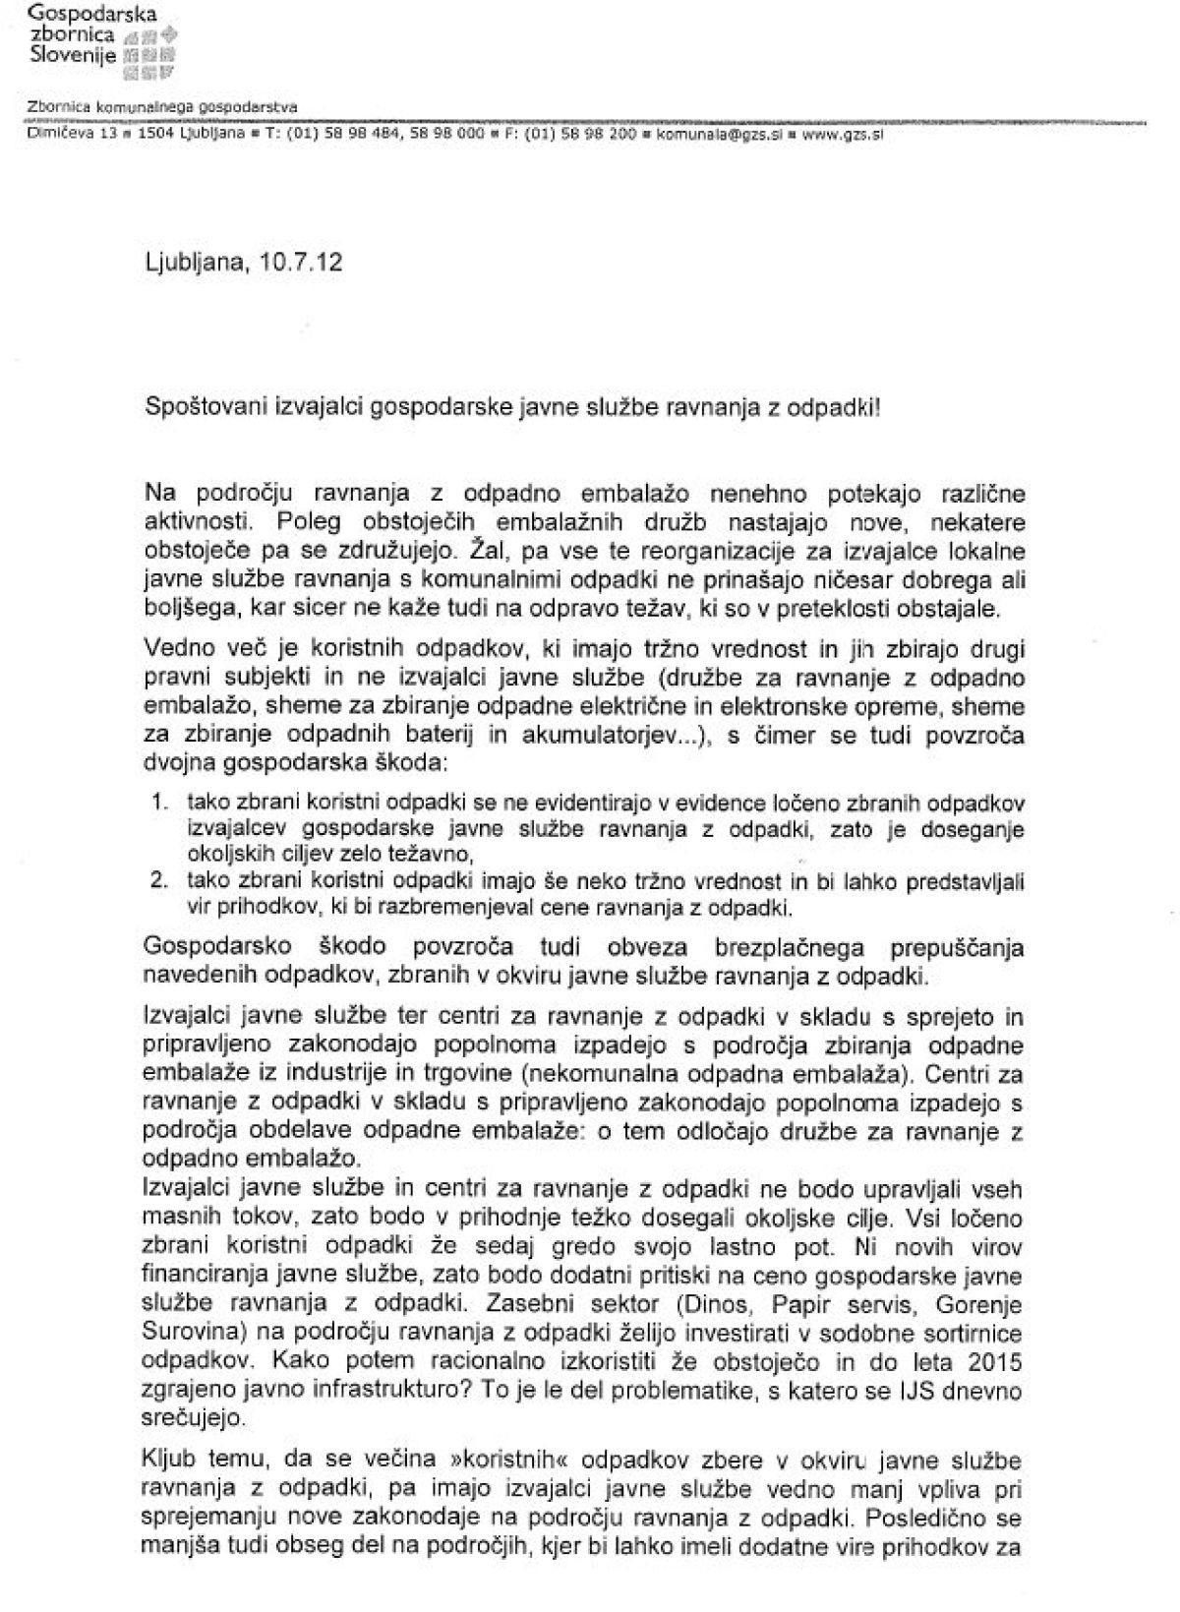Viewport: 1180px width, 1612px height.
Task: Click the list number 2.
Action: point(158,880)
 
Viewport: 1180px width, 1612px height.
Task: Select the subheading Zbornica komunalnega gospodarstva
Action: point(162,107)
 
